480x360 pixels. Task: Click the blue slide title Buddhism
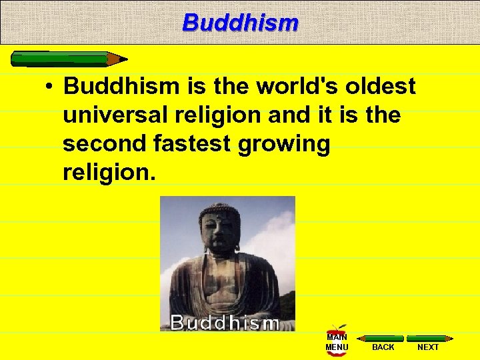[x=240, y=23]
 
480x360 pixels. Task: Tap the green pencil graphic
[x=64, y=59]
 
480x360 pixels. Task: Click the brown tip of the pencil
[x=119, y=59]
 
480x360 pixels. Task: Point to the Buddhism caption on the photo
[x=225, y=323]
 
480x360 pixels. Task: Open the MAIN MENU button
[x=337, y=341]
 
